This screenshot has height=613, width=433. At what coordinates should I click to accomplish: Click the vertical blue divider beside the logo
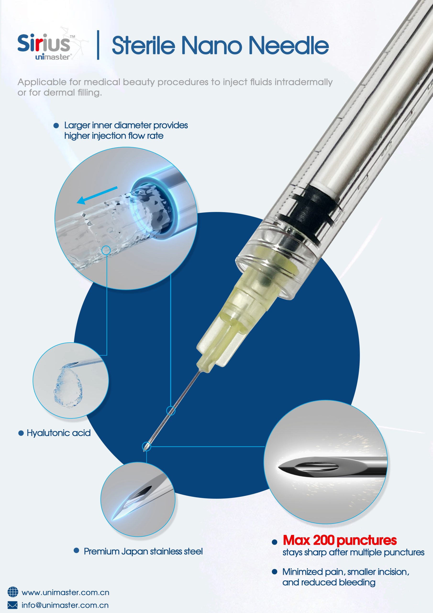(98, 45)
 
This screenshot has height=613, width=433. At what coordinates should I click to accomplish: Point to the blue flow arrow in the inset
(97, 195)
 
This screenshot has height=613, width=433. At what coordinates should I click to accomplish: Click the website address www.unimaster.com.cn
(65, 592)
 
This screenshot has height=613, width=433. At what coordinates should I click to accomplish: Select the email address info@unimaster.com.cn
(65, 605)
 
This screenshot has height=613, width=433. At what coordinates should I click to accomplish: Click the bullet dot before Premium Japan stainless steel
(76, 550)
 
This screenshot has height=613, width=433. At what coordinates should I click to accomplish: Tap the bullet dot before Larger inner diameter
(56, 125)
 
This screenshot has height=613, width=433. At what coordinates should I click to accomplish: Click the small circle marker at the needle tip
(146, 446)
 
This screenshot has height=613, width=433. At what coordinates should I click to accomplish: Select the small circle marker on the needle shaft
(171, 411)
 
